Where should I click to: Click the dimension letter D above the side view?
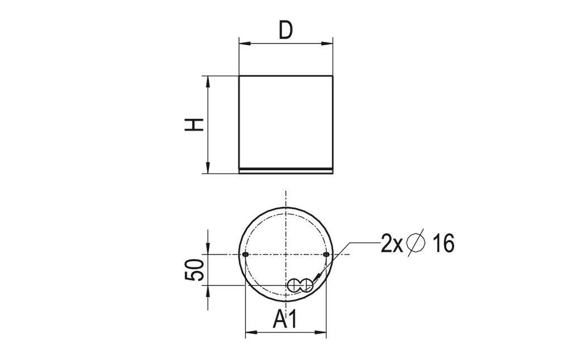point(285,31)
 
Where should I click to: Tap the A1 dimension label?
point(285,320)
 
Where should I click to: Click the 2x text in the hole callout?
point(392,244)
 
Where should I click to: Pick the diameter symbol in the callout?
point(416,243)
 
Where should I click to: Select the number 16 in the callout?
point(443,244)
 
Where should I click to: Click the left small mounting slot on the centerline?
point(246,255)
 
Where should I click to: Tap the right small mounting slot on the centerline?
point(326,255)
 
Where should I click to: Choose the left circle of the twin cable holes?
point(294,285)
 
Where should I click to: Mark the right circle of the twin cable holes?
point(306,285)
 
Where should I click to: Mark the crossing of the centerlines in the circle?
point(286,255)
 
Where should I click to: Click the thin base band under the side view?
point(286,171)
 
